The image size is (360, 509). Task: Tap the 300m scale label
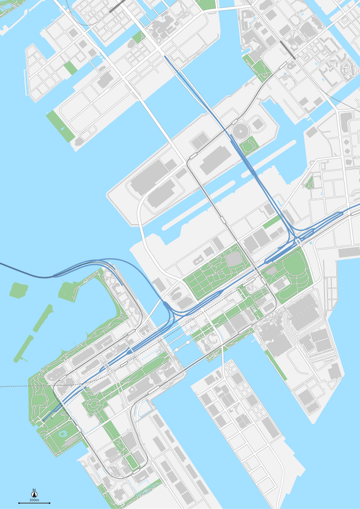click(x=34, y=500)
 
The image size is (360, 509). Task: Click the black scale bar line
click(x=34, y=503)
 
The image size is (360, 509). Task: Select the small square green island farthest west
click(x=19, y=290)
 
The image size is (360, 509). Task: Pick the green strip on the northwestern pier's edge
click(x=56, y=122)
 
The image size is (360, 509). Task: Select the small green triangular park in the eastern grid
click(x=309, y=182)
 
